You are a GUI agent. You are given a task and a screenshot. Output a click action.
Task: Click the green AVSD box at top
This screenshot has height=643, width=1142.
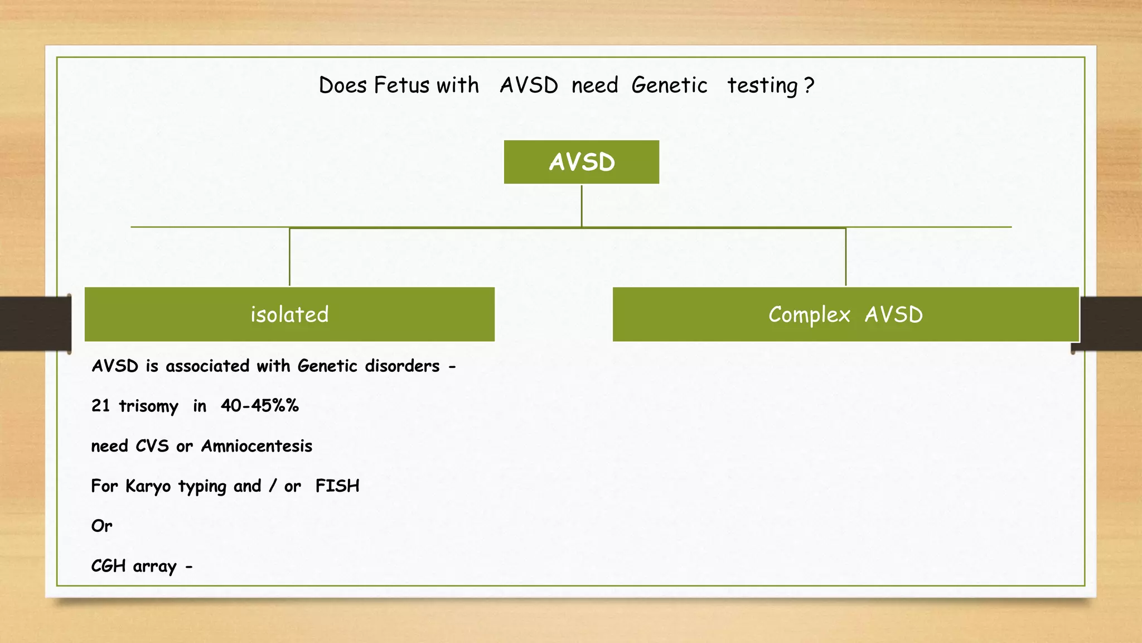click(581, 162)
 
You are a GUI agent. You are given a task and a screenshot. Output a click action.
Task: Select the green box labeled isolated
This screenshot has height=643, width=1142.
click(289, 314)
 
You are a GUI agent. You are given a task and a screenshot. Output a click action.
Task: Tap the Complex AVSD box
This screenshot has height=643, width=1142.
click(845, 314)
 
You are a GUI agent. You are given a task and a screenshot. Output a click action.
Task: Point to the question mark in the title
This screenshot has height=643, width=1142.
click(809, 85)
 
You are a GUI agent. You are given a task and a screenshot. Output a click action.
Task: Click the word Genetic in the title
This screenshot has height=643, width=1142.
click(669, 85)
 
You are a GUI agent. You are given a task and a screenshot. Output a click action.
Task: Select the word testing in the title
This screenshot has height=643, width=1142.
click(762, 85)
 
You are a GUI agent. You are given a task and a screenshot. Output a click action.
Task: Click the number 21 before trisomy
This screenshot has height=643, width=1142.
click(100, 405)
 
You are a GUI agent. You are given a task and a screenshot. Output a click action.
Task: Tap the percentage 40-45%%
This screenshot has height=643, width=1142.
click(259, 405)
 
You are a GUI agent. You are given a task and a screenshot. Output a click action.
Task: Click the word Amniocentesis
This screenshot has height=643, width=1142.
click(257, 446)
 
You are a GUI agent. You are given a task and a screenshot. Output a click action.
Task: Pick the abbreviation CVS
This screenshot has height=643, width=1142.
click(152, 446)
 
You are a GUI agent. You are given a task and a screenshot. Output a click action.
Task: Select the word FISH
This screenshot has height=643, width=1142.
click(337, 486)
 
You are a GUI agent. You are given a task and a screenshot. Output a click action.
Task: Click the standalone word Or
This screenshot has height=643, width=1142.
click(101, 526)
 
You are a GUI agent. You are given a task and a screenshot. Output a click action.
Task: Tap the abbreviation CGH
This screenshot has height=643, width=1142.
click(108, 566)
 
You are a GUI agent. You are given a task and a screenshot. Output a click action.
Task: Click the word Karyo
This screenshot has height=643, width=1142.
click(148, 486)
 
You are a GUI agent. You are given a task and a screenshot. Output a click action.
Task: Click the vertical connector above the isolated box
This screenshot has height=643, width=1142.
click(289, 257)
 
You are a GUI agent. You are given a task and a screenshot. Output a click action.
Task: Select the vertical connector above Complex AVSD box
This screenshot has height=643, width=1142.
click(845, 257)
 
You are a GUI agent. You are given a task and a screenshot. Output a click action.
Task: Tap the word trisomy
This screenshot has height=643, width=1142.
click(148, 406)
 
